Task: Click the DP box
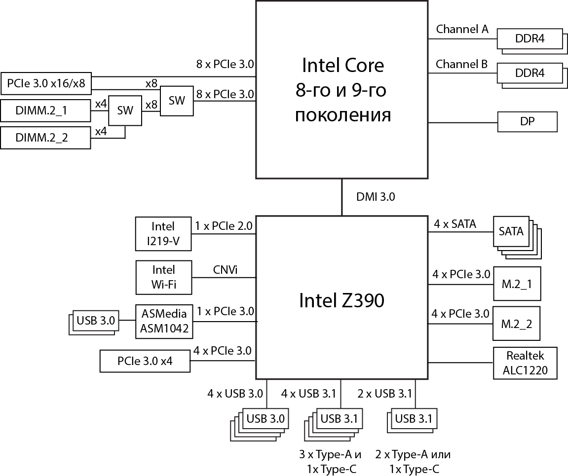pyautogui.click(x=527, y=121)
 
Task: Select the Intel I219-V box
pyautogui.click(x=163, y=233)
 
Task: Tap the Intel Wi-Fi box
pyautogui.click(x=163, y=277)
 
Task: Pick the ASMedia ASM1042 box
pyautogui.click(x=165, y=321)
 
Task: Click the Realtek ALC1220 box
pyautogui.click(x=525, y=363)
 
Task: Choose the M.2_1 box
pyautogui.click(x=517, y=284)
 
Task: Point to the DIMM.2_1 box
pyautogui.click(x=45, y=110)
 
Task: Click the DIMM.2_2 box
pyautogui.click(x=45, y=138)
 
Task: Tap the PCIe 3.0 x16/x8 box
pyautogui.click(x=46, y=84)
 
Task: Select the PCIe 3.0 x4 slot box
pyautogui.click(x=145, y=361)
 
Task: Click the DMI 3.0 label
pyautogui.click(x=375, y=197)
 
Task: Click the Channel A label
pyautogui.click(x=462, y=29)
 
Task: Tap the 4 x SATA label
pyautogui.click(x=454, y=224)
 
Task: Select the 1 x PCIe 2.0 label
pyautogui.click(x=224, y=226)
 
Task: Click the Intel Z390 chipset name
pyautogui.click(x=341, y=300)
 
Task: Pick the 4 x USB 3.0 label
pyautogui.click(x=234, y=393)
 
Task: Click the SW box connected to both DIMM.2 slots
pyautogui.click(x=125, y=110)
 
